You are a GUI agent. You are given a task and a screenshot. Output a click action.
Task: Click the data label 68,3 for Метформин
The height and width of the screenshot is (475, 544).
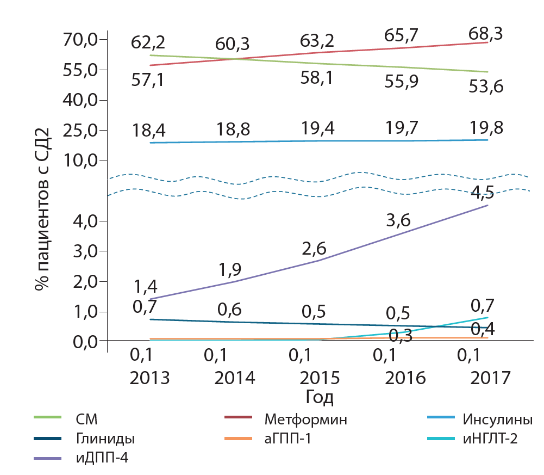click(x=485, y=34)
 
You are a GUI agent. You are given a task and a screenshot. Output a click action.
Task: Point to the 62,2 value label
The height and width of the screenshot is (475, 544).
click(x=148, y=42)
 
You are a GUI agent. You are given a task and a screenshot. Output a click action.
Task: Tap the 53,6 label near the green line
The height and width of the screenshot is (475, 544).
click(x=486, y=86)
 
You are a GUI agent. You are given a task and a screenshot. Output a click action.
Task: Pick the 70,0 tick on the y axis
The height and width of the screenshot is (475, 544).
click(x=82, y=40)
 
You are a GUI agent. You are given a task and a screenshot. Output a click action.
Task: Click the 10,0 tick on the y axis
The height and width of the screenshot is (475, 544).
click(x=82, y=161)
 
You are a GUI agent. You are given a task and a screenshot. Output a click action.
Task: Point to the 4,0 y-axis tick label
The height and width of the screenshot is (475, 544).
click(x=85, y=221)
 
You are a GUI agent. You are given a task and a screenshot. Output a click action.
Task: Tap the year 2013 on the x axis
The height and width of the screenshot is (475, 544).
click(x=149, y=378)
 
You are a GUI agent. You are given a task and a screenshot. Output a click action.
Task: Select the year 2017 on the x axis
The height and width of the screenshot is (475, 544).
click(x=490, y=378)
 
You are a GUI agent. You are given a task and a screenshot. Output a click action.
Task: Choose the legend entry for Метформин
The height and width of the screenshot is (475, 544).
click(x=305, y=420)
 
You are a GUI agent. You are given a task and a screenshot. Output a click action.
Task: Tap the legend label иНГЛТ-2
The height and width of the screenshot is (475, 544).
click(x=490, y=438)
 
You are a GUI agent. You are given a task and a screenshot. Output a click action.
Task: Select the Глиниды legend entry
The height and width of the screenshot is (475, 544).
click(x=105, y=439)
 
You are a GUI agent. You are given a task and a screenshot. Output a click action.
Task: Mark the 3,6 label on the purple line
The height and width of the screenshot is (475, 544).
click(x=398, y=220)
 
